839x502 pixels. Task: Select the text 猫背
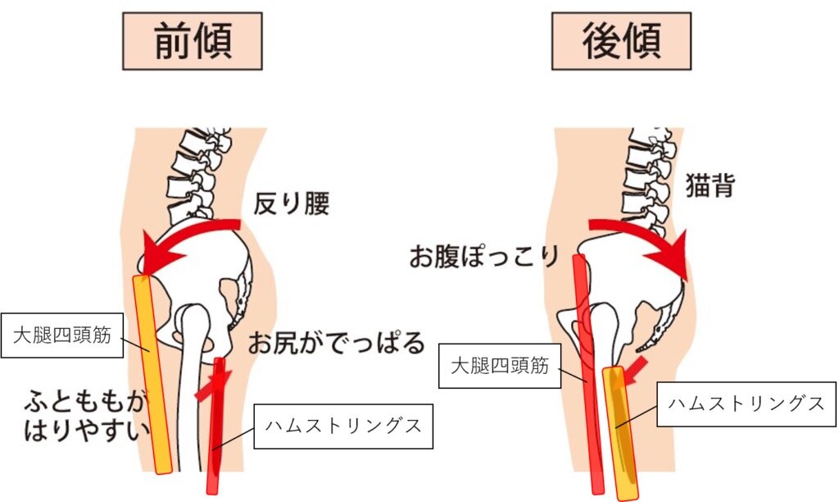tap(710, 187)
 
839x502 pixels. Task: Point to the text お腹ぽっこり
tap(483, 257)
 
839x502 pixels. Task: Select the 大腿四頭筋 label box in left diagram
tap(61, 335)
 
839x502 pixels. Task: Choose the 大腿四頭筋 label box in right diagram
tap(500, 367)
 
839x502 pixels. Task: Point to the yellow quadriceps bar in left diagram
tap(153, 373)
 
